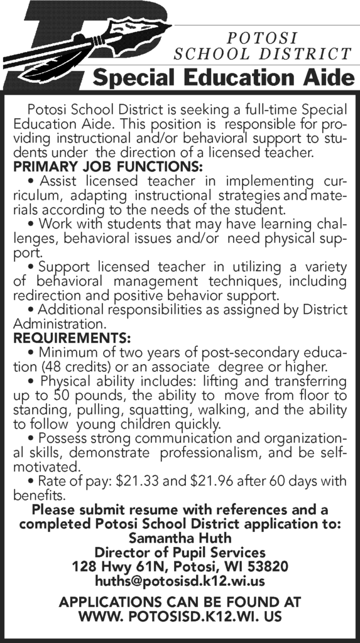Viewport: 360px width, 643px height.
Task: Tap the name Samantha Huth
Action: [180, 538]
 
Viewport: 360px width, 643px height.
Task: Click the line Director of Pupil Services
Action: [180, 552]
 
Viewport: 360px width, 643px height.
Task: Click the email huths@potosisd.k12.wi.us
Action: [180, 581]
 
